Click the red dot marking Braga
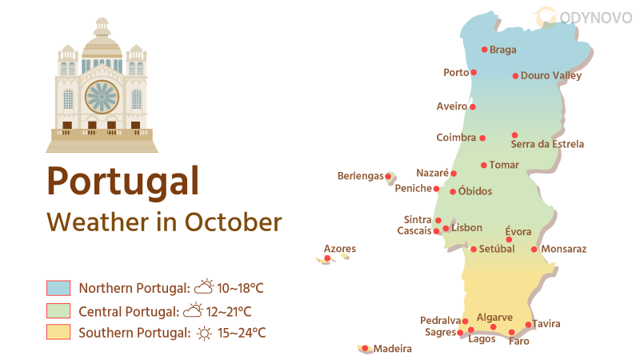484,50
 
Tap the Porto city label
456,73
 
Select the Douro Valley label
550,76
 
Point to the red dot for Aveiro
473,106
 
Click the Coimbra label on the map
456,138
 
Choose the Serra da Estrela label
547,145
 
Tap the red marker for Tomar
483,166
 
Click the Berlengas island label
360,176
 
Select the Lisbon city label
466,228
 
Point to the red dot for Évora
509,240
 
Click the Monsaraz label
563,249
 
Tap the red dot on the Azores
327,258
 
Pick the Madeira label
392,349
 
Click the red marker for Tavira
528,325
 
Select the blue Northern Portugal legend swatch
59,288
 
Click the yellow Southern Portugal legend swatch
59,332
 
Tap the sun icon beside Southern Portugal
205,333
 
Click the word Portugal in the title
122,180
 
